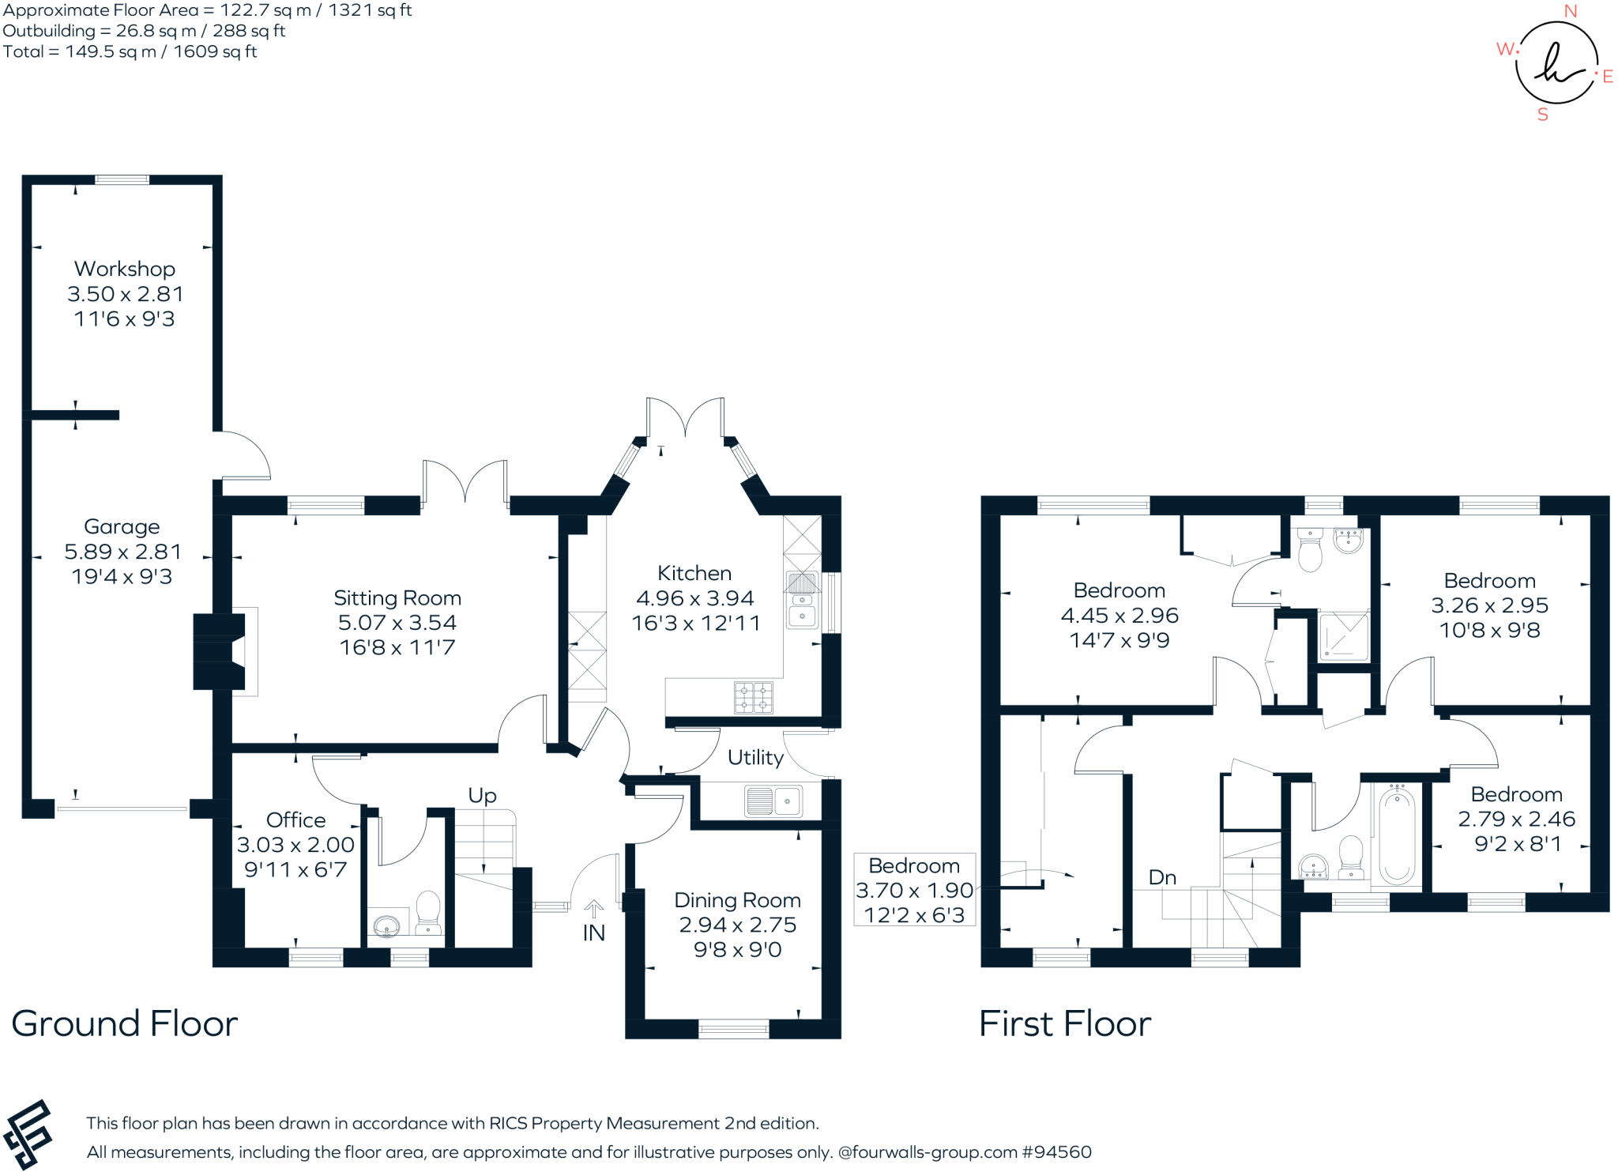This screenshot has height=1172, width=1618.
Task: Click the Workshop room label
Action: click(x=125, y=269)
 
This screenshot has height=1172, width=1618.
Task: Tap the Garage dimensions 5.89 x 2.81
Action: click(x=122, y=552)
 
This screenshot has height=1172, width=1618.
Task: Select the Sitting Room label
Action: click(x=397, y=597)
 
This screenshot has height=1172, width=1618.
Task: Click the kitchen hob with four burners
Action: click(x=753, y=697)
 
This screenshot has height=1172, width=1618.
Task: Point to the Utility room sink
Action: click(x=773, y=801)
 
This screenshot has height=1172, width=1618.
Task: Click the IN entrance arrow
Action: click(x=593, y=909)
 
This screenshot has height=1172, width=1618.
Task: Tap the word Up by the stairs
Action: click(x=482, y=795)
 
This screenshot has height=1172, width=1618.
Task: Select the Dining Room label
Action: click(x=737, y=900)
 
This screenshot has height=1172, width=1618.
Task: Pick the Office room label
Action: click(x=295, y=820)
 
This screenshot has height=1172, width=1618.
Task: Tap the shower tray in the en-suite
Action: click(x=1342, y=636)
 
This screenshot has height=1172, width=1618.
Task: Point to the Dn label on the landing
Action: click(x=1162, y=877)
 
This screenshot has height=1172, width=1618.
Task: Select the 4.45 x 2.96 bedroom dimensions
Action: click(x=1119, y=615)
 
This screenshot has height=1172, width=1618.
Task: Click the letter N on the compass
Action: click(x=1570, y=11)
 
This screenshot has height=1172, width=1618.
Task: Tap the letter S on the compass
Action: click(x=1542, y=115)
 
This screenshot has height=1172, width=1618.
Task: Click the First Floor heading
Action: click(x=1064, y=1023)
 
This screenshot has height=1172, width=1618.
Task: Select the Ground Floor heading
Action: click(x=125, y=1023)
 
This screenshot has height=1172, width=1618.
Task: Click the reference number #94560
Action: click(x=1056, y=1152)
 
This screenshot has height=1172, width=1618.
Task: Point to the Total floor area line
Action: click(x=130, y=52)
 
